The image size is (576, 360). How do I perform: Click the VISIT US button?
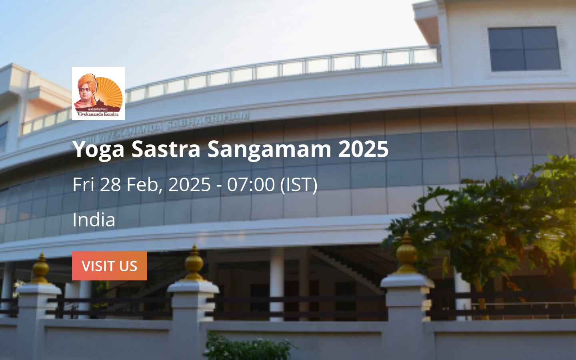pyautogui.click(x=109, y=266)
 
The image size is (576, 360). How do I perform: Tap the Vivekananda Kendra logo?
pyautogui.click(x=98, y=93)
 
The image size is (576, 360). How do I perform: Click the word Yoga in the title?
pyautogui.click(x=98, y=149)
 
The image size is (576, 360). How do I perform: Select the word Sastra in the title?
pyautogui.click(x=166, y=149)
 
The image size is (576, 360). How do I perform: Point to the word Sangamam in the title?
pyautogui.click(x=269, y=149)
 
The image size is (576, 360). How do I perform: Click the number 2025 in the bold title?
pyautogui.click(x=363, y=149)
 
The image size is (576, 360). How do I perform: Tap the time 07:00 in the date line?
pyautogui.click(x=251, y=184)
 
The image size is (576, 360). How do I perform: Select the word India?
pyautogui.click(x=94, y=220)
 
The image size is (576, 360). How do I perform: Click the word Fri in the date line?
pyautogui.click(x=83, y=184)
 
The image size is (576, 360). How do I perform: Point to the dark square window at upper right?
pyautogui.click(x=524, y=49)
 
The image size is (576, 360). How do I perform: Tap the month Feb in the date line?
pyautogui.click(x=146, y=184)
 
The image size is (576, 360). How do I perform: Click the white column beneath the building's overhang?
pyautogui.click(x=276, y=280)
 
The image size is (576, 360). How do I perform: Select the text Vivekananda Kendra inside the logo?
pyautogui.click(x=98, y=114)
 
